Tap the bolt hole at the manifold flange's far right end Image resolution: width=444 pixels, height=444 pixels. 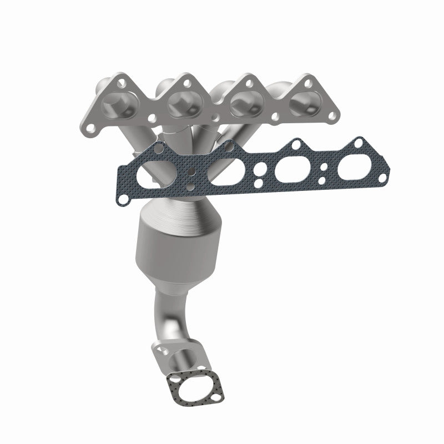point(333,115)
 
